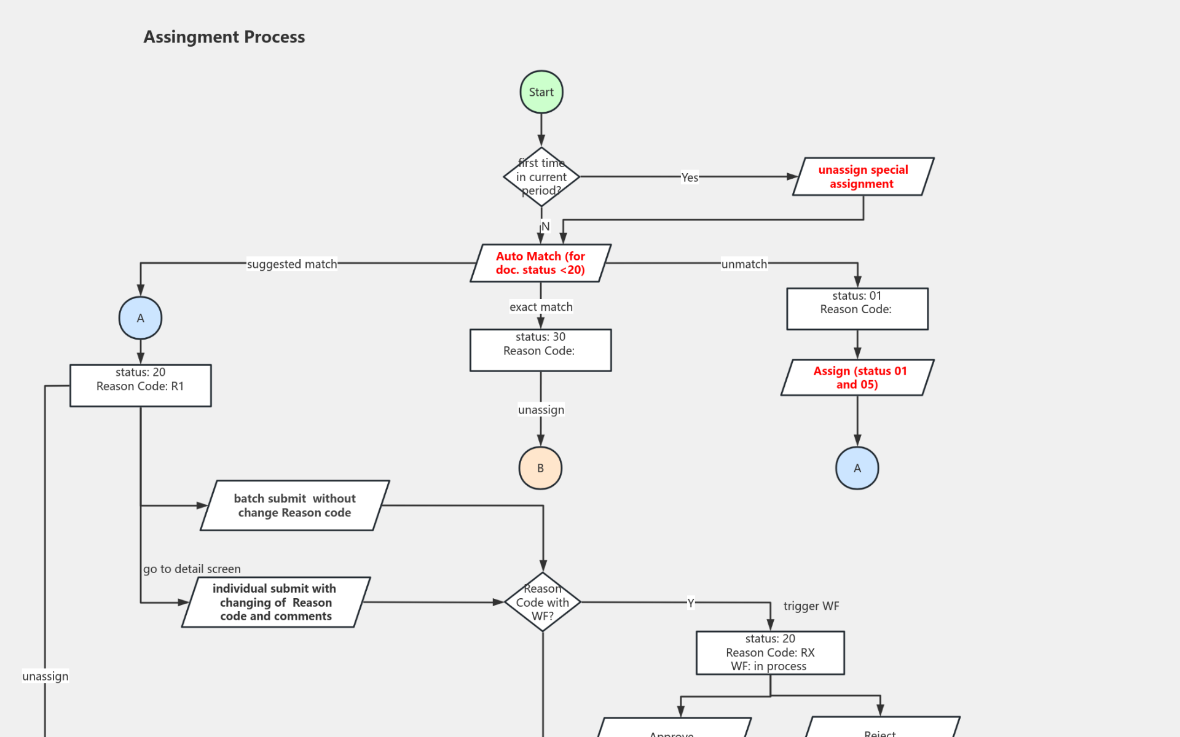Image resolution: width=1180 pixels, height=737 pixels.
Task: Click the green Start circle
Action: coord(541,92)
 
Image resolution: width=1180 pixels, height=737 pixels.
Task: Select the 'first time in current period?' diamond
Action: coord(541,177)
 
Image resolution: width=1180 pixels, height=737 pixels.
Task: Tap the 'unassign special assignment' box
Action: coord(863,177)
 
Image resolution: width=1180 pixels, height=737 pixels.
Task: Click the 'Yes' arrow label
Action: coord(690,177)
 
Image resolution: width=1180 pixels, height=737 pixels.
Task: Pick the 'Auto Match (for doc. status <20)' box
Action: coord(540,263)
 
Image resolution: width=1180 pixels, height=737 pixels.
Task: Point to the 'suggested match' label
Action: coord(292,264)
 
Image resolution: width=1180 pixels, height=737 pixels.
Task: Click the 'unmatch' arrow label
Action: coord(744,264)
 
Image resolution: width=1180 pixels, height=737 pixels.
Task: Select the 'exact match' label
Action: coord(541,306)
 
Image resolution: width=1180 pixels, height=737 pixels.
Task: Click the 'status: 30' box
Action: coord(540,350)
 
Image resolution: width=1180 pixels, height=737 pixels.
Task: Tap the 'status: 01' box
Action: coord(857,309)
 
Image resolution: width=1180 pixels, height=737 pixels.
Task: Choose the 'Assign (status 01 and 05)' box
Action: coord(857,378)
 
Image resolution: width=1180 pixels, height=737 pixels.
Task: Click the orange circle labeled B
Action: coord(540,468)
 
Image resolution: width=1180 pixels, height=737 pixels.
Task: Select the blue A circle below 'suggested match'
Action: coord(140,318)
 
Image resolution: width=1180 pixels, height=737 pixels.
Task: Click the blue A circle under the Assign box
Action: coord(857,468)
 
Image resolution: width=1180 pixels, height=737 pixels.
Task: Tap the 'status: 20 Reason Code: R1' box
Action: coord(140,386)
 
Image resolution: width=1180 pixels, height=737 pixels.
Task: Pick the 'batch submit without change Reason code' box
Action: coord(294,505)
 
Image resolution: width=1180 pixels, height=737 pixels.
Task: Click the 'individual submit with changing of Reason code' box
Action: coord(275,602)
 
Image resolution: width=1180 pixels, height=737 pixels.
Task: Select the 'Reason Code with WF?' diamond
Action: coord(542,602)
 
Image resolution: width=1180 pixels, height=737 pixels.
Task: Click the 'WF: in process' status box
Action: coord(769,653)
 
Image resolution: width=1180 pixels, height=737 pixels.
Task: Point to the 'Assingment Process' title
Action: coord(224,37)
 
